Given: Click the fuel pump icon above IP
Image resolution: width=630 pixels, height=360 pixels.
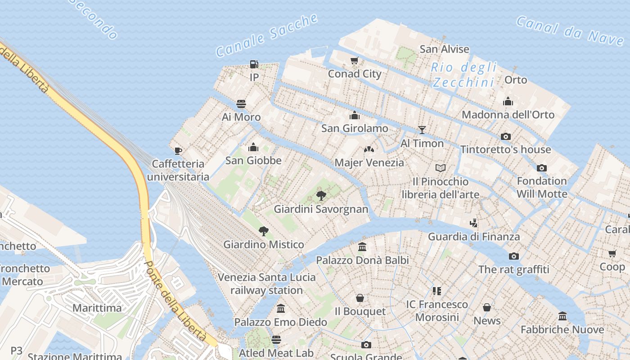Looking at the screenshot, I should (254, 64).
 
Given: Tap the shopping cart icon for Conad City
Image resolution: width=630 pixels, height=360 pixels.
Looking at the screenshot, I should (355, 61).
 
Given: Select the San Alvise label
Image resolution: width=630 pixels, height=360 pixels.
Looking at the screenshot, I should (444, 49).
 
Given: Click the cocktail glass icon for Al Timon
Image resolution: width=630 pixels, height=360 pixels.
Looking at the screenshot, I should (422, 130).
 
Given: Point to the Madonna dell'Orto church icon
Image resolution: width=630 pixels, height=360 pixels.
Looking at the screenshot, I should (508, 101).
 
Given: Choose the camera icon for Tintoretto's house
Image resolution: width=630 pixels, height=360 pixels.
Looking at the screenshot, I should (506, 136).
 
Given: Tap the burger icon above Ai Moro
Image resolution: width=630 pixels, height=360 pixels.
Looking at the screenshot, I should (241, 104).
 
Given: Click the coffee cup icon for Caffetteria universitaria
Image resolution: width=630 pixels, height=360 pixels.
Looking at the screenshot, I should (178, 151).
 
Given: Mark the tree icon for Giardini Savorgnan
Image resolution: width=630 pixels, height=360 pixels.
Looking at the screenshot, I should (321, 196).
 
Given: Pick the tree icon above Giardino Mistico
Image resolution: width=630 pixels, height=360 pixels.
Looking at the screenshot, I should (264, 231).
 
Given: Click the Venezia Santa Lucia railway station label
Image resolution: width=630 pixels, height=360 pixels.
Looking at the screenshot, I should (267, 283).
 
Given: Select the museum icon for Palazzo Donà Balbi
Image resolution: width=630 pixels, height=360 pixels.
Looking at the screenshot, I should (362, 247).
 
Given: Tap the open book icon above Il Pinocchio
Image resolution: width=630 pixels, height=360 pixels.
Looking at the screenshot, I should (441, 168).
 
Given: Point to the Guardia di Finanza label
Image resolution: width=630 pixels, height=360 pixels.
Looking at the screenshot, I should (474, 236).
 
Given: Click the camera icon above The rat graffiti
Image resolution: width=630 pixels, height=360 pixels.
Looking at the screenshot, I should (513, 256).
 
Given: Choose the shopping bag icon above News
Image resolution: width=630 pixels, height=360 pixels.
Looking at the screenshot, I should (487, 307).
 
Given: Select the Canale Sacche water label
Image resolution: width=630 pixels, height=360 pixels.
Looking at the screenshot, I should (267, 36).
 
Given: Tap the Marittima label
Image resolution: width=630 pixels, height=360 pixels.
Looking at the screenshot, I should (97, 308).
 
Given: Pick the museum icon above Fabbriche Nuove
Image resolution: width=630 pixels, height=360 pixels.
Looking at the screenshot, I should (562, 316).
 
